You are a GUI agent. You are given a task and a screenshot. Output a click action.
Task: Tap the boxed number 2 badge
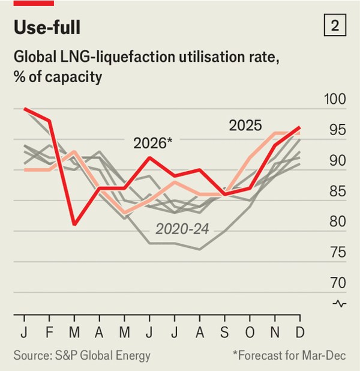pyautogui.click(x=335, y=26)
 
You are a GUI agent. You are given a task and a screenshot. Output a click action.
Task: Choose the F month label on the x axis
pyautogui.click(x=49, y=333)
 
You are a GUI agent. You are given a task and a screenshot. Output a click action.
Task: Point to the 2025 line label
pyautogui.click(x=245, y=125)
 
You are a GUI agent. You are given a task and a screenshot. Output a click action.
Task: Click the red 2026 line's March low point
pyautogui.click(x=74, y=224)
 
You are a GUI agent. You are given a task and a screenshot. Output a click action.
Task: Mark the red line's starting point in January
pyautogui.click(x=24, y=109)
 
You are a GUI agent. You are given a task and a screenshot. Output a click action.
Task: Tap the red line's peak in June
pyautogui.click(x=149, y=157)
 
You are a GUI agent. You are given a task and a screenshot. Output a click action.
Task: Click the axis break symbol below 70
pyautogui.click(x=340, y=304)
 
